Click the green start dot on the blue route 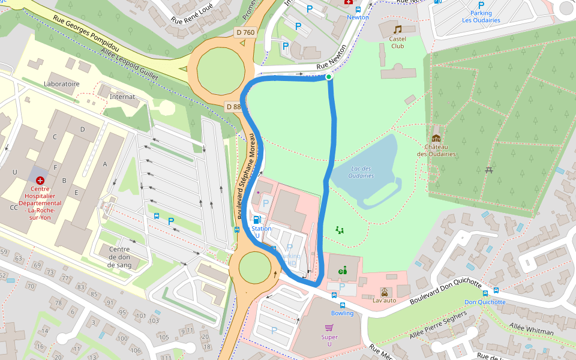pyautogui.click(x=329, y=77)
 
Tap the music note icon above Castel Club pyautogui.click(x=397, y=29)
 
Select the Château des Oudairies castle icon pyautogui.click(x=436, y=138)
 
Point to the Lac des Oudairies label pyautogui.click(x=361, y=172)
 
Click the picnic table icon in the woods pyautogui.click(x=490, y=170)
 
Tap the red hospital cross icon pyautogui.click(x=40, y=180)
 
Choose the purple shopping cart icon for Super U pyautogui.click(x=329, y=328)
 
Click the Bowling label pyautogui.click(x=343, y=313)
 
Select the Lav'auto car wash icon pyautogui.click(x=385, y=292)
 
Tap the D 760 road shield pyautogui.click(x=245, y=32)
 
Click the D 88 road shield pyautogui.click(x=233, y=107)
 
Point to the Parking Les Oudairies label pyautogui.click(x=481, y=16)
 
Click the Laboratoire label pyautogui.click(x=62, y=84)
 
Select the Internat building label pyautogui.click(x=122, y=97)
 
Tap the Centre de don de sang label pyautogui.click(x=119, y=257)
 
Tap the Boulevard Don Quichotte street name pyautogui.click(x=445, y=291)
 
